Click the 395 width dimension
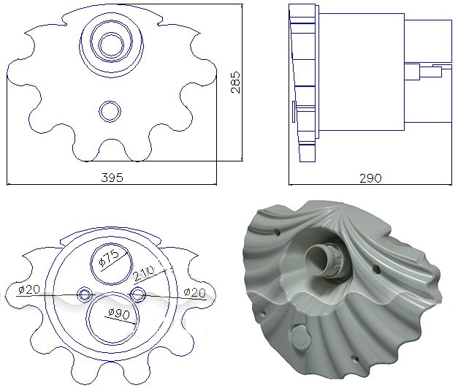[112, 178]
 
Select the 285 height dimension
[235, 82]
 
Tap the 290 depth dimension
[370, 178]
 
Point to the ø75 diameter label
[109, 258]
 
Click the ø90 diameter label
[118, 314]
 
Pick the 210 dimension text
[144, 274]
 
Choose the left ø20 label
[28, 289]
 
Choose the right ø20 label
[195, 292]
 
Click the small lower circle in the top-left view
[110, 111]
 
